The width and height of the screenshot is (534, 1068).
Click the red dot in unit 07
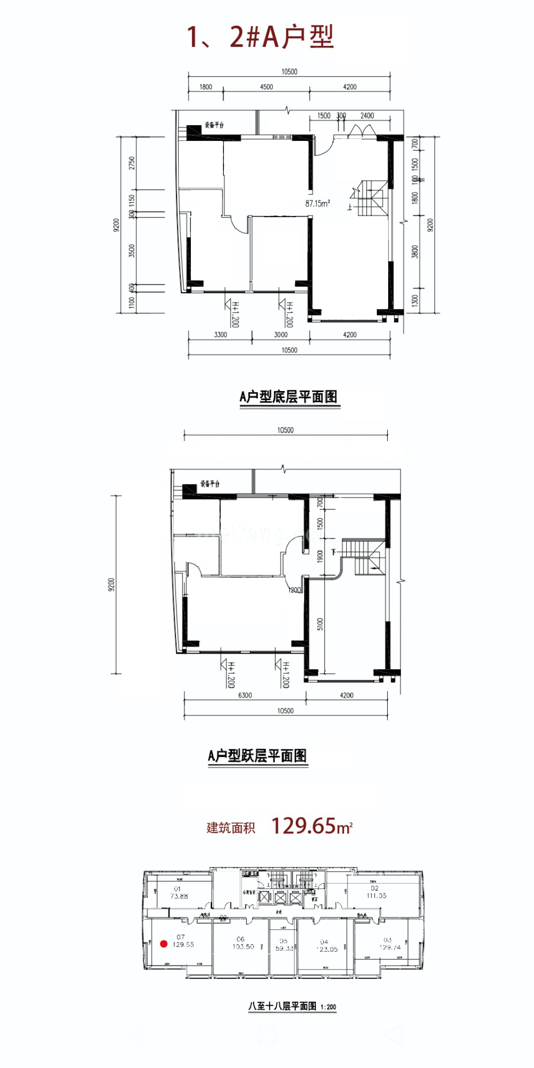click(x=163, y=944)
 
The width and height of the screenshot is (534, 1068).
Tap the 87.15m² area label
click(x=317, y=203)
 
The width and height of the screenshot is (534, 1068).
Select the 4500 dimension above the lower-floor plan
click(x=266, y=87)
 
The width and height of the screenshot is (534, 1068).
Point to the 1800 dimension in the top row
click(x=206, y=87)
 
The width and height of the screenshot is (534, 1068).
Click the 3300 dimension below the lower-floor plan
click(x=221, y=335)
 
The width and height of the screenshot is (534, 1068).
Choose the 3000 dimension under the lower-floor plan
click(x=280, y=335)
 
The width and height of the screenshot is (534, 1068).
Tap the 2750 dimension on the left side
click(x=132, y=163)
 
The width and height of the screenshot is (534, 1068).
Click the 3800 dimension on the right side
click(x=415, y=252)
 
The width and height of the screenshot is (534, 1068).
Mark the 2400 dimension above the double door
click(x=367, y=116)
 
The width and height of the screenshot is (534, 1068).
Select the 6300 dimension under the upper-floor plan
click(x=245, y=695)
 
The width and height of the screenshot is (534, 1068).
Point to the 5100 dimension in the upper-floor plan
click(x=320, y=624)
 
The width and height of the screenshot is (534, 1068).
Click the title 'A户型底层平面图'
click(x=289, y=397)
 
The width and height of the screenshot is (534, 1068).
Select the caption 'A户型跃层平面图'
click(x=258, y=756)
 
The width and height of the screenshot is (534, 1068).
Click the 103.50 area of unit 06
click(x=243, y=946)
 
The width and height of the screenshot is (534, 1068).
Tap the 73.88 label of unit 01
click(x=179, y=896)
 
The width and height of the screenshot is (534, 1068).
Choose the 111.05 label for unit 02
click(x=376, y=895)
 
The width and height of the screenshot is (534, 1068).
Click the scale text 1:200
click(x=328, y=1007)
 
